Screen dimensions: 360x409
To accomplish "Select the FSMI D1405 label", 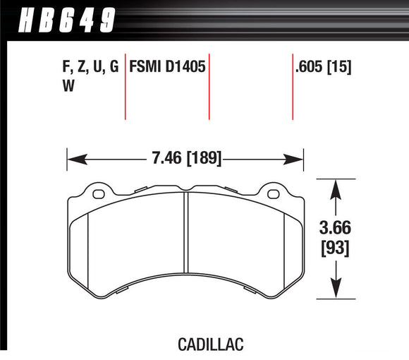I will (169, 68).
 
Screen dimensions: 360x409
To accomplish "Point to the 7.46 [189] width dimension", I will (185, 158).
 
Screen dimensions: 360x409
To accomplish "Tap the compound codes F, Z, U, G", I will (89, 68).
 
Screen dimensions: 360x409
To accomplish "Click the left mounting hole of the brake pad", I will (98, 193).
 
